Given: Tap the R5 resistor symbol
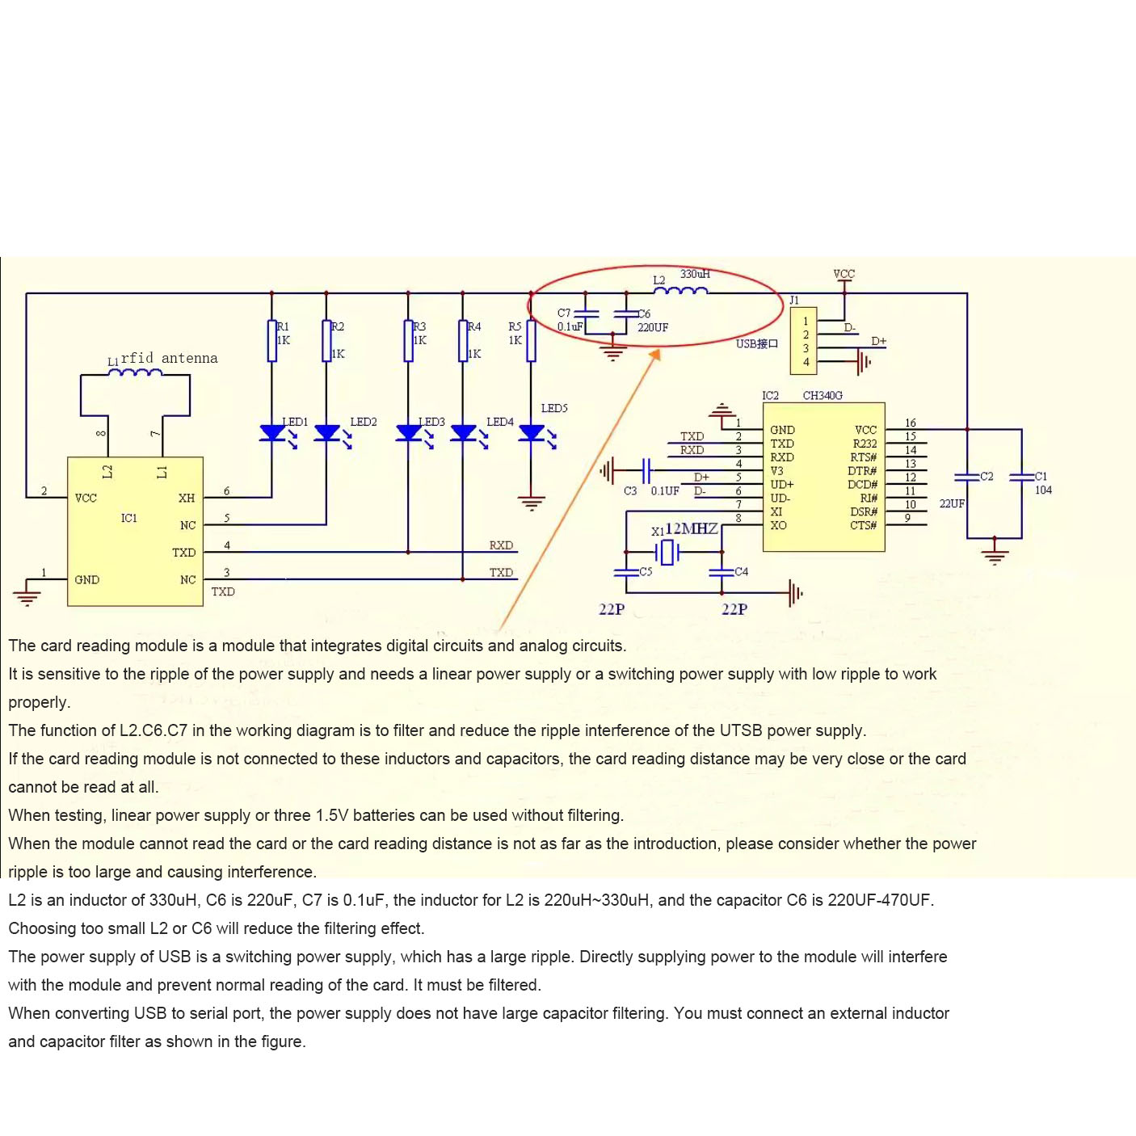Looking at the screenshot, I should (531, 340).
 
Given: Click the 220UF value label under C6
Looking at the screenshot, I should (653, 327).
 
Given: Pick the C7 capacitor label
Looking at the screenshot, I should (564, 313).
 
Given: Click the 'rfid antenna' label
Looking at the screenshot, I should (169, 358).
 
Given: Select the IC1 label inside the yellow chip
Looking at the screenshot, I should (129, 518).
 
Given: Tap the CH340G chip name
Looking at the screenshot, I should (823, 395).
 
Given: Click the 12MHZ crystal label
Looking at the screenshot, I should (692, 528).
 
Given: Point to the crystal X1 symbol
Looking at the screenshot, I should (667, 553).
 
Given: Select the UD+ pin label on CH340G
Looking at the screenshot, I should (782, 484).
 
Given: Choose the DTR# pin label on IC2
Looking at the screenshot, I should (862, 470).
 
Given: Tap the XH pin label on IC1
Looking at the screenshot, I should (187, 498).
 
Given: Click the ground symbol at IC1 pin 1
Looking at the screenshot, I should (27, 598).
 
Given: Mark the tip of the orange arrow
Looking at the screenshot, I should (658, 351).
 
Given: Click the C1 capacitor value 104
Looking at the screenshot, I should (1043, 490).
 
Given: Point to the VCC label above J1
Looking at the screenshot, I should (844, 274).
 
